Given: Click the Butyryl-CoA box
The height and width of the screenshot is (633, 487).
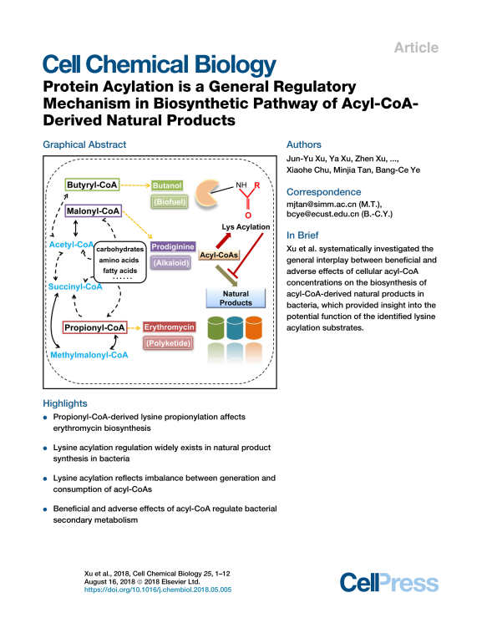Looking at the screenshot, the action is pos(92,185).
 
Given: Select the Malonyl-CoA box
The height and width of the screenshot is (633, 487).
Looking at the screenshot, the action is pos(94,210).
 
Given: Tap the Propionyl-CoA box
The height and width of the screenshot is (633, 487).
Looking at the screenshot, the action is pos(95,327).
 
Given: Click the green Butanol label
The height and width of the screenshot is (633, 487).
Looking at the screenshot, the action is pos(167,185).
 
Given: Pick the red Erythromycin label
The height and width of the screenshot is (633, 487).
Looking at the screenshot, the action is pos(170,327).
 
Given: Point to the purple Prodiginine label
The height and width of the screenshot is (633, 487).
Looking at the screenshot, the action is pos(173,246).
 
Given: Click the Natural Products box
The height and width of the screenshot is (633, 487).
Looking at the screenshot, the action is pos(236,298).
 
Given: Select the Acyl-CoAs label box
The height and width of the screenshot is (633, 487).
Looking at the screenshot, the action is pos(219,256).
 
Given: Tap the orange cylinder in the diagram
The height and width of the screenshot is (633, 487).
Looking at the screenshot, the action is pos(254,327).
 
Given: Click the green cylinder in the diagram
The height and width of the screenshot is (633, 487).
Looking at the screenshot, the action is pos(216,328).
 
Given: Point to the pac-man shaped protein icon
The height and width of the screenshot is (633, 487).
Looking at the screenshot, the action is pos(207,194).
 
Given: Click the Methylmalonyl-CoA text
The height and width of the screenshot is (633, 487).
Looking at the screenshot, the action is pos(89,355).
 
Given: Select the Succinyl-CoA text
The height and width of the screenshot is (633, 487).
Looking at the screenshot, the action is pos(75,286).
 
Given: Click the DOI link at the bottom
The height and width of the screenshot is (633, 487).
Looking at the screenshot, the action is pos(158,590).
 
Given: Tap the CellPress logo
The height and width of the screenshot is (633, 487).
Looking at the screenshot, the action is pos(389,583).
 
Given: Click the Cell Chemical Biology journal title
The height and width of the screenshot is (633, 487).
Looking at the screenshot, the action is pos(160,64).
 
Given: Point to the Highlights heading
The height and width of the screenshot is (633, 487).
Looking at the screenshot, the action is pos(65,403).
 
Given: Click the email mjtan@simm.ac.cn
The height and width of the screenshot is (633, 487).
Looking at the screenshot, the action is pos(322,205).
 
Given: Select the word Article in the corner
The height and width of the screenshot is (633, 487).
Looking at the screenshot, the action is pos(416,48).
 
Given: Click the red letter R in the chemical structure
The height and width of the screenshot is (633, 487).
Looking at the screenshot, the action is pos(256,185).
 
